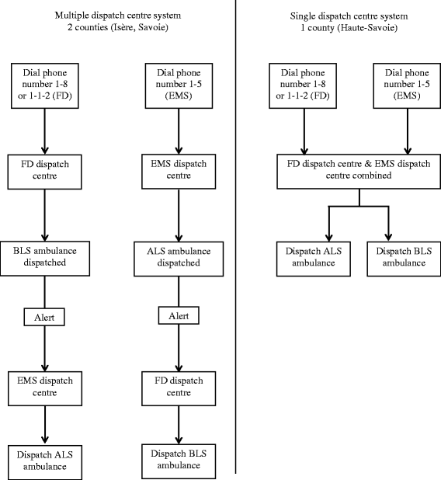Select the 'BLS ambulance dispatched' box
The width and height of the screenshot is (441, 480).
45,256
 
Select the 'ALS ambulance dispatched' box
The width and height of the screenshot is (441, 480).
180,256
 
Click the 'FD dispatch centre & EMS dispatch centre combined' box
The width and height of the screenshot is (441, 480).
359,170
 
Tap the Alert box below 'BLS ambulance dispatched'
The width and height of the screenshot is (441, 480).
45,317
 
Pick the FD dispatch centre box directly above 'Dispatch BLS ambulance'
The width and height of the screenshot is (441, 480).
180,387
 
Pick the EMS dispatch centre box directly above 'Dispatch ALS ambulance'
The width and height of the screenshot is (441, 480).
45,387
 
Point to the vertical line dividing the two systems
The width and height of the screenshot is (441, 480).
235,233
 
